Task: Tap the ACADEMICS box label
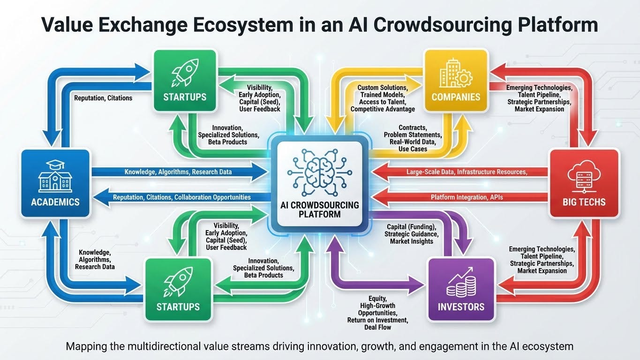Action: tap(55, 202)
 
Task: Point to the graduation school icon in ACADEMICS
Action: tap(55, 176)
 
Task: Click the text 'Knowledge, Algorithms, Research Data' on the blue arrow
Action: tap(178, 172)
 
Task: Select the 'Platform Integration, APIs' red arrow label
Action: tap(467, 197)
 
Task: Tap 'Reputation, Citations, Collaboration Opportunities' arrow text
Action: tap(182, 197)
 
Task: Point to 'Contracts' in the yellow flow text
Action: tap(413, 127)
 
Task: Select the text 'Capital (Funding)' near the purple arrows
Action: tap(411, 227)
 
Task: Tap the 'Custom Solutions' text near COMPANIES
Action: tap(382, 88)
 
